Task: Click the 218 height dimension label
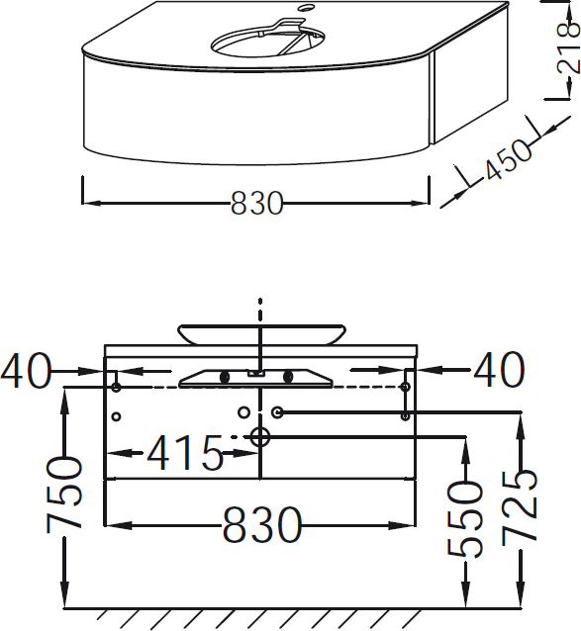point(569,48)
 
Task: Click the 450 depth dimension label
point(508,159)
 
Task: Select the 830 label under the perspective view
point(257,203)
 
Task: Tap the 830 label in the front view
point(261,524)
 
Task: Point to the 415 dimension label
point(185,453)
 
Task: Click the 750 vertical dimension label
point(63,495)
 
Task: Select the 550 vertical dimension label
point(465,519)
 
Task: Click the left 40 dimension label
point(26,370)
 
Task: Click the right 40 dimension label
point(499,370)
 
